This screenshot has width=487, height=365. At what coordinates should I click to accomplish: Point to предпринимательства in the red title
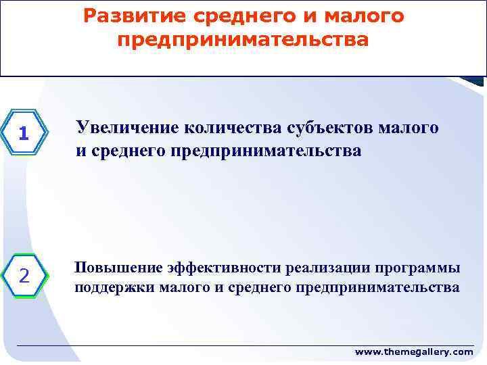coord(243,41)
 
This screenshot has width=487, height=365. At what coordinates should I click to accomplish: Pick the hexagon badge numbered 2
coord(24,276)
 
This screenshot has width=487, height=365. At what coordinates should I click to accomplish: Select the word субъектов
coord(336,127)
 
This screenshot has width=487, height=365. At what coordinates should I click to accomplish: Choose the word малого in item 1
coord(414,127)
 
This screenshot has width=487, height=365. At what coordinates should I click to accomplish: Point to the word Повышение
coord(112,268)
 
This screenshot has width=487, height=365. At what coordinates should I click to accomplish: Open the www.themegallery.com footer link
coord(414,352)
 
